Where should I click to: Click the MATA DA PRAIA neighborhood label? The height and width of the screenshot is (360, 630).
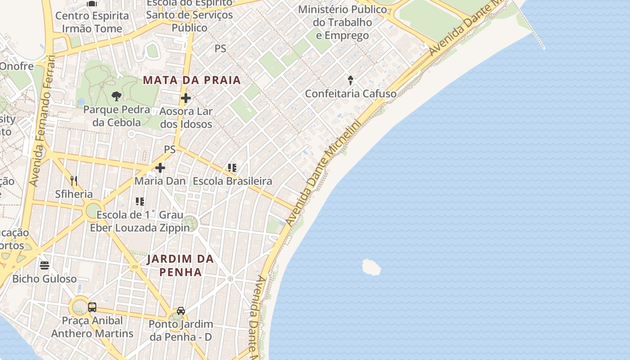tap(192, 81)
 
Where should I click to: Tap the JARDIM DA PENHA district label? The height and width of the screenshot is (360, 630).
tap(180, 265)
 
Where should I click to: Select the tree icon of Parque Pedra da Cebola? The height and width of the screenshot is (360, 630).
tap(117, 96)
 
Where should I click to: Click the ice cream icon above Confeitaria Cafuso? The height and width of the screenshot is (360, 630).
tap(351, 81)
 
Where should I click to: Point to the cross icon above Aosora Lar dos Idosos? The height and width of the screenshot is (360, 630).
tap(185, 98)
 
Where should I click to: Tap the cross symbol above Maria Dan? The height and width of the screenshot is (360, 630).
tap(160, 168)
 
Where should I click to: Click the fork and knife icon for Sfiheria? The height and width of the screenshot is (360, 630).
tap(74, 181)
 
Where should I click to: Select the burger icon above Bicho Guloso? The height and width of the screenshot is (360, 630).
tap(44, 265)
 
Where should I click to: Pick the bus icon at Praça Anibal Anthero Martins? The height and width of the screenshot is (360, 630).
tap(92, 307)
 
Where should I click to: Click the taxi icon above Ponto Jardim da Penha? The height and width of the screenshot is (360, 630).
tap(180, 311)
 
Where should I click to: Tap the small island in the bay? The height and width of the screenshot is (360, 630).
tap(371, 267)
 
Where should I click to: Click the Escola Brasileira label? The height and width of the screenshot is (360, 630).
tap(232, 181)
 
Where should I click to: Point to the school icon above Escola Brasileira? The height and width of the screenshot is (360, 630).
tap(232, 168)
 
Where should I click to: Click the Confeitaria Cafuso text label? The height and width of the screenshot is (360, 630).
tap(351, 94)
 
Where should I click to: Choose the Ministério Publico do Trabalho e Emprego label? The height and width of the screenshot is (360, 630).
tap(342, 22)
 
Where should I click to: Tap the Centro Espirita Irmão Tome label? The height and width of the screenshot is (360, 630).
tap(92, 22)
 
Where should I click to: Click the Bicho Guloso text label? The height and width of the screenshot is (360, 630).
tap(44, 279)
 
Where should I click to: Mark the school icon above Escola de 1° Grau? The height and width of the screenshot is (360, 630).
tap(140, 201)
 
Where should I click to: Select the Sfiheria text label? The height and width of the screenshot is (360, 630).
tap(74, 194)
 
